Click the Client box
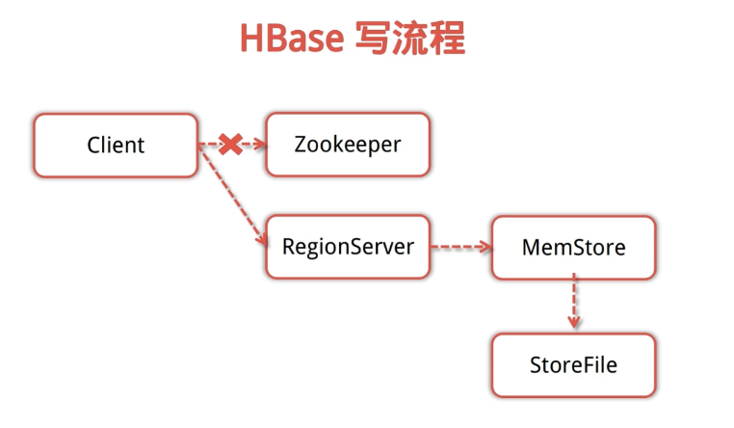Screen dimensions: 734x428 point(116,146)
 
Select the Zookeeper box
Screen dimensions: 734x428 point(348,145)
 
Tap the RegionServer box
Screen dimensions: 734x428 point(348,247)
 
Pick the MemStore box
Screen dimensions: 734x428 point(573,248)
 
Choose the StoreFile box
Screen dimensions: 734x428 point(573,365)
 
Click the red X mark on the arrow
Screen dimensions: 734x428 point(230,145)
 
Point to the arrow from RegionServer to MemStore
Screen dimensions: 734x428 point(460,247)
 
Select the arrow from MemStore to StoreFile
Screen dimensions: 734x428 point(574,301)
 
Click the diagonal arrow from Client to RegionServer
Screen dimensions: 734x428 point(232,195)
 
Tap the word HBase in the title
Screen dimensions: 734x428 point(292,39)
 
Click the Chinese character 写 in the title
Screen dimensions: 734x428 point(372,38)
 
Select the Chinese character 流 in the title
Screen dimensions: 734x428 point(409,38)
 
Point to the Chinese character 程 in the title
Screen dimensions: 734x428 point(447,38)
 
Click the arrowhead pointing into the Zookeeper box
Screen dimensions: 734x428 point(260,144)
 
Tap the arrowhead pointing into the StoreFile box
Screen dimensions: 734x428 point(574,322)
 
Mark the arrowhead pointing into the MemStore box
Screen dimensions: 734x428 point(485,247)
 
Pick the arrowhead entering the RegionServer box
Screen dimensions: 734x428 point(262,239)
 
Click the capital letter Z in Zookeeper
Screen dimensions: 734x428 point(301,145)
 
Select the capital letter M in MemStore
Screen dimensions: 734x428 point(532,247)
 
